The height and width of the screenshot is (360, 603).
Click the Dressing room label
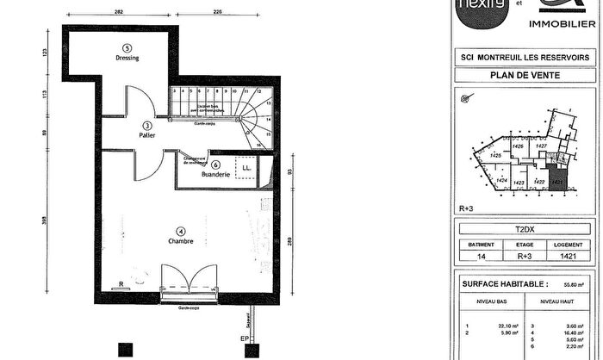pos(127,59)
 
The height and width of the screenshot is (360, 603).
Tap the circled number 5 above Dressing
pos(127,47)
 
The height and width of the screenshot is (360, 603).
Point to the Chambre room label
pos(181,241)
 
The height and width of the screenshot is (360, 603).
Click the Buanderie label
pos(215,175)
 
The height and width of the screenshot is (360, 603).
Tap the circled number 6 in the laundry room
pos(216,164)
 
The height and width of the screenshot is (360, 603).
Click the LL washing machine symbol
pos(246,167)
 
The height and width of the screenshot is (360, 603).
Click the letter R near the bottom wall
pos(121,282)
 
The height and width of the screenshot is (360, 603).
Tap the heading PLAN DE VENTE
pos(525,75)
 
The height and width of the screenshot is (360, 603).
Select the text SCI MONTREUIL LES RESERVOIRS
pos(525,57)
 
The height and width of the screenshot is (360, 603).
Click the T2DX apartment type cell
pos(525,230)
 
